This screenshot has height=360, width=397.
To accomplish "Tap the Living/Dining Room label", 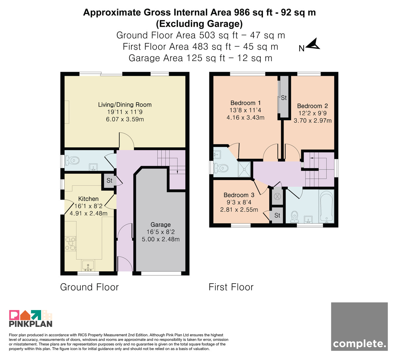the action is coord(125,105).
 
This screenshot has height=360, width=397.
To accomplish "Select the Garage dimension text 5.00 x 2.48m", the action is coord(161,239).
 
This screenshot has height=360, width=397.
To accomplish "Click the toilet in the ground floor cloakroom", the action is coord(72,160).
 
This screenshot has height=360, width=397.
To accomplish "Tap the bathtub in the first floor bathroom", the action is coord(326,206).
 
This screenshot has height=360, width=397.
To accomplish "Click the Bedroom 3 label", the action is coord(239,195).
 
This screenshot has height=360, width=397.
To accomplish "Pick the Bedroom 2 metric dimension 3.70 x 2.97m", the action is coord(313,120).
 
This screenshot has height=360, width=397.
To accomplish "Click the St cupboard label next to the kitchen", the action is coord(110,180).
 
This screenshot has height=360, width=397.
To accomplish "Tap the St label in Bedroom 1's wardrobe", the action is coord(284,98).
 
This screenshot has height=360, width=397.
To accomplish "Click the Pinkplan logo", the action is coord(31,319).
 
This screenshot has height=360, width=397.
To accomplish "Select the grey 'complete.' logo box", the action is coord(359,327).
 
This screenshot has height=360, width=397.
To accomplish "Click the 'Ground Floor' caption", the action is coord(89,287).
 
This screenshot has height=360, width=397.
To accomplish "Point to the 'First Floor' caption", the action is coord(231,287).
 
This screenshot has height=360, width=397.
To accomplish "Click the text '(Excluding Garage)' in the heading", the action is coord(199,24).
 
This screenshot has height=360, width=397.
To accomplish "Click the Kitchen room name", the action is coord(88,199).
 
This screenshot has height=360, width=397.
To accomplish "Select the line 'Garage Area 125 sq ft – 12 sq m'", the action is coord(200,58).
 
